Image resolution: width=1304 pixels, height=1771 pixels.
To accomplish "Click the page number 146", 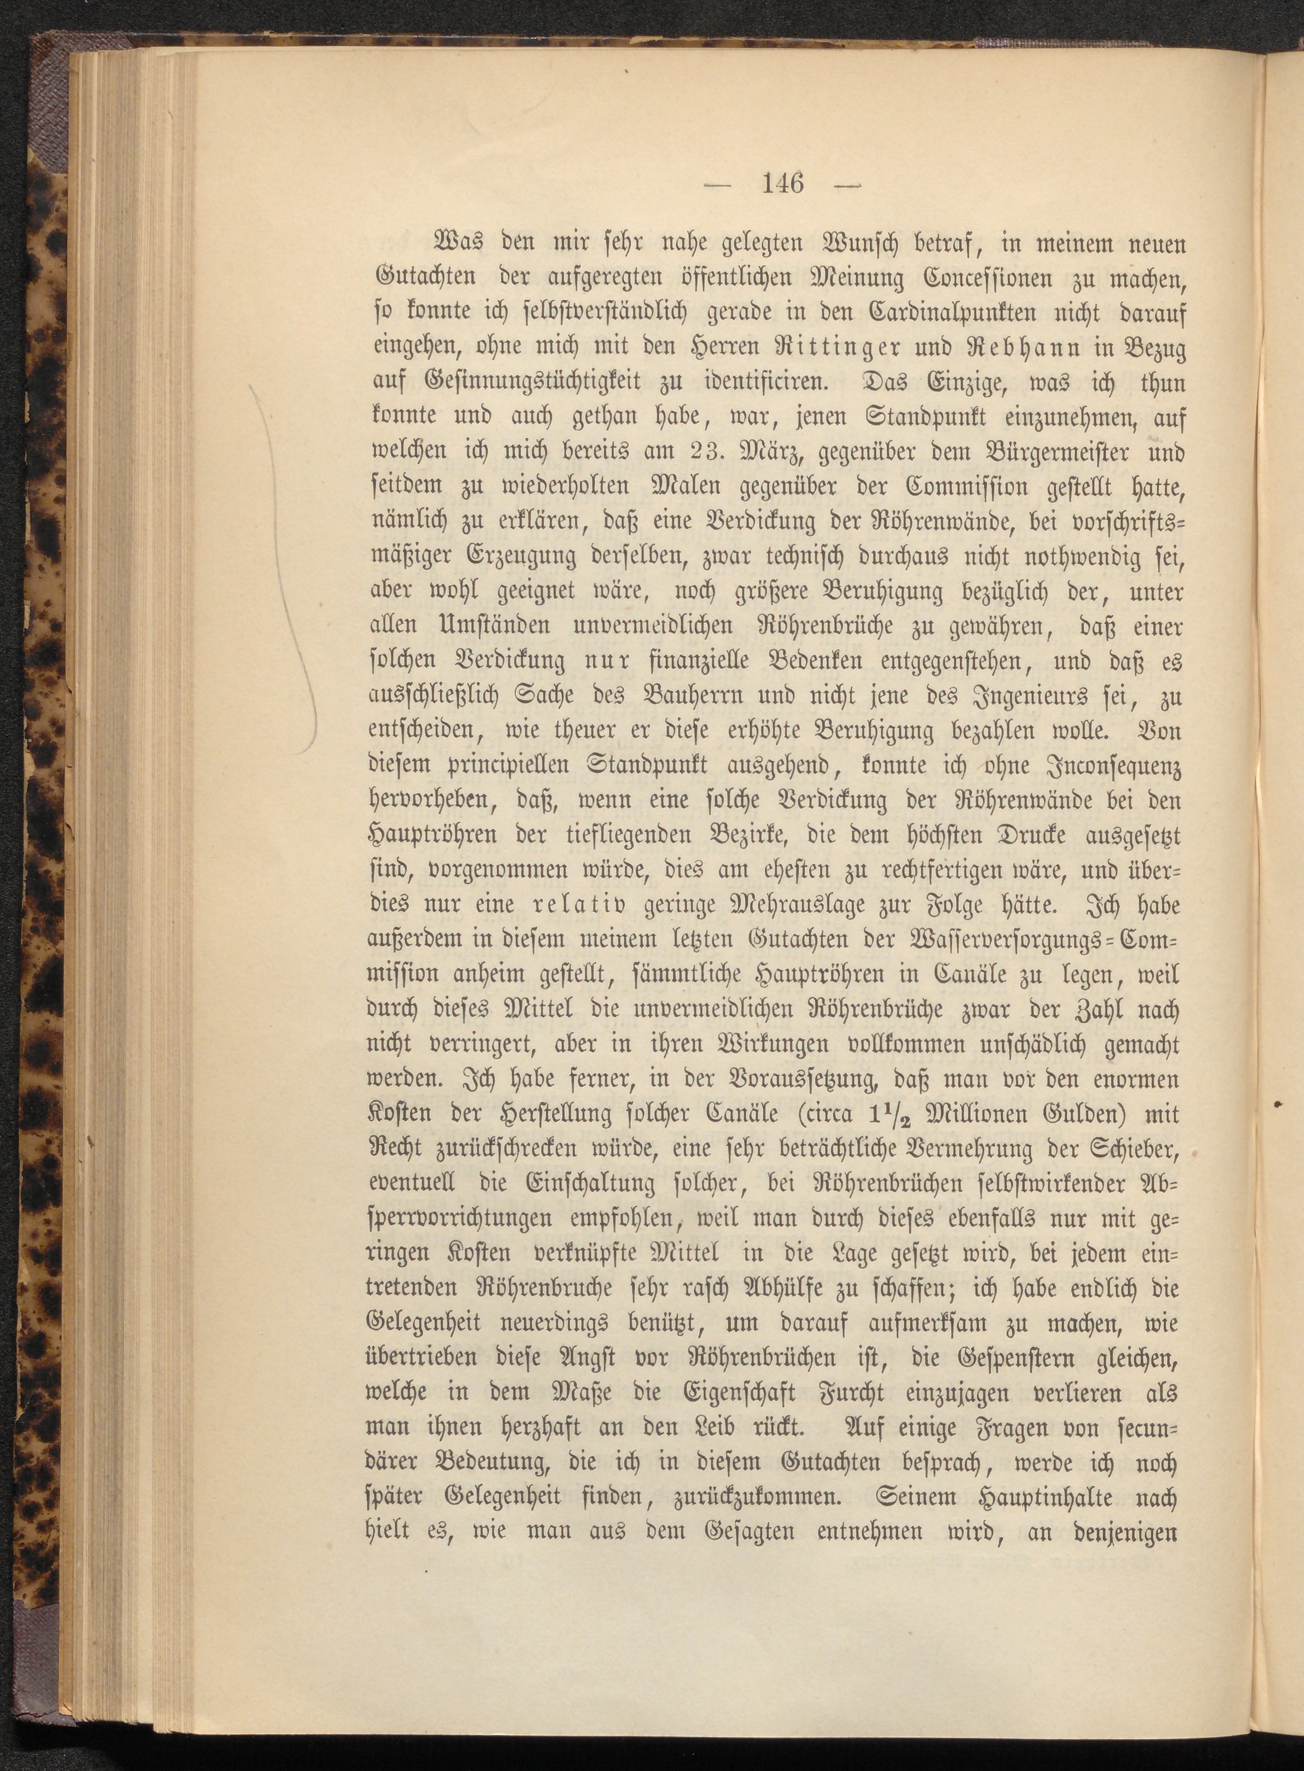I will click(x=781, y=185).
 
